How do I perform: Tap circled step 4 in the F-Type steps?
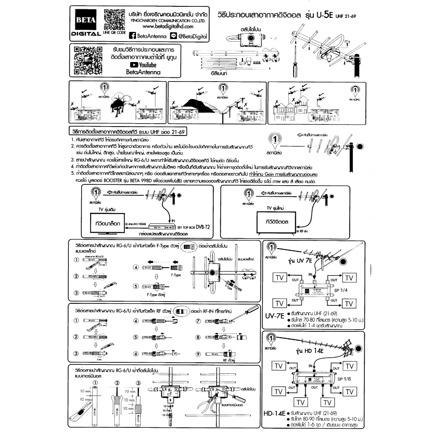click(136, 268)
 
